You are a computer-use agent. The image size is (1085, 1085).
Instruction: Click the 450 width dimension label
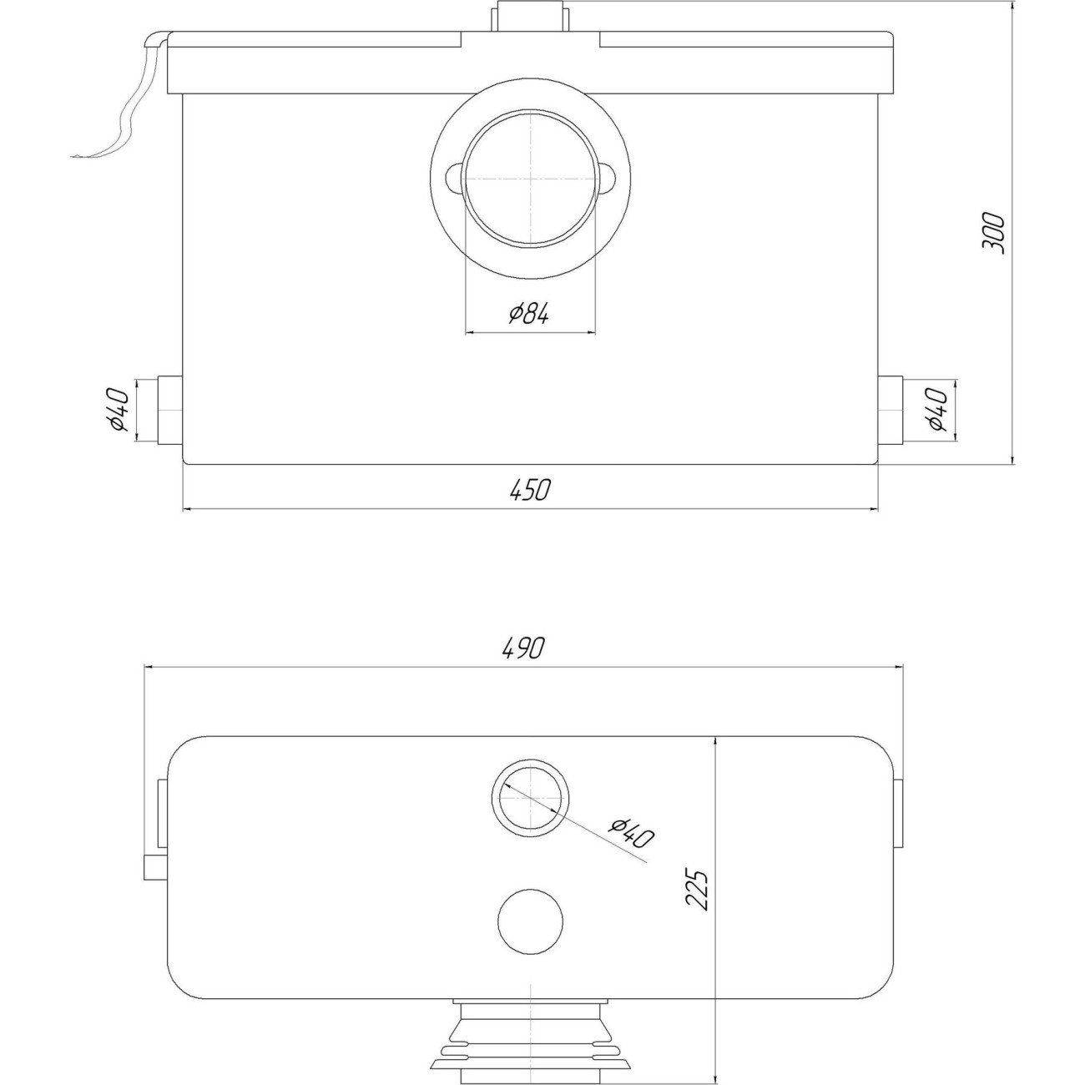click(x=528, y=491)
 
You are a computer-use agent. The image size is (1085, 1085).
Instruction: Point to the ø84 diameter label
click(x=527, y=314)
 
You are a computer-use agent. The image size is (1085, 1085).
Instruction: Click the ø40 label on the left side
click(x=120, y=409)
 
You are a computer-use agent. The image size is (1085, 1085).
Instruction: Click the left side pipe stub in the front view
click(x=169, y=410)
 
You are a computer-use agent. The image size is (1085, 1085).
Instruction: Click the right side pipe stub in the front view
click(x=890, y=410)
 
